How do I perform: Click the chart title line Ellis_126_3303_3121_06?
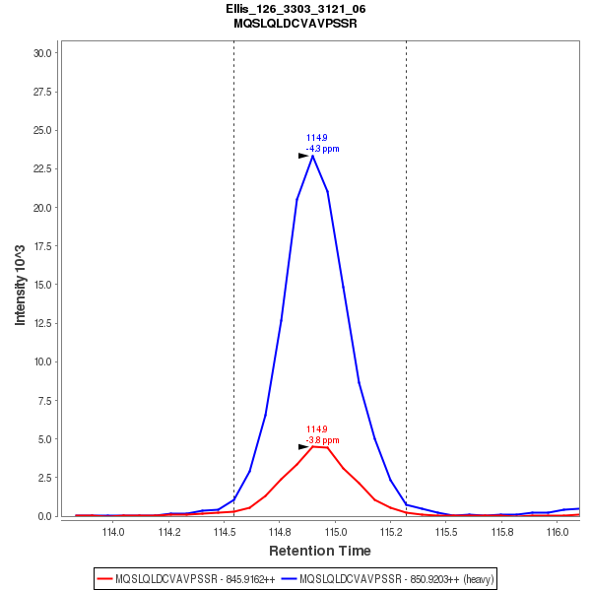(295, 9)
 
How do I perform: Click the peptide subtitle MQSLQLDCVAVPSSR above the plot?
(295, 23)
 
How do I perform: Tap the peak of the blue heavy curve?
(312, 156)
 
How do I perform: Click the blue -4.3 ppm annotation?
(322, 149)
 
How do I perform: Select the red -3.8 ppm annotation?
(322, 440)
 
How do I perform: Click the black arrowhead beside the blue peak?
(303, 156)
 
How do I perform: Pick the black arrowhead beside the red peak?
(303, 446)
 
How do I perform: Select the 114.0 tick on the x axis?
(113, 533)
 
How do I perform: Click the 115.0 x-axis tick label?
(335, 533)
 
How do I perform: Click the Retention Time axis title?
(320, 551)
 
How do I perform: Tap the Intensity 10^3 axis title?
(20, 285)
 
